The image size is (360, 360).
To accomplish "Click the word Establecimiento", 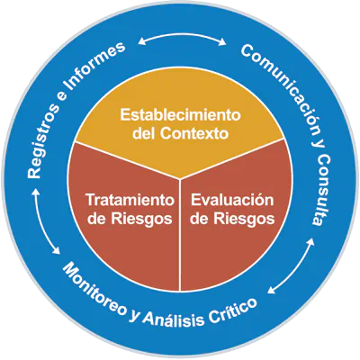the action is [180, 115].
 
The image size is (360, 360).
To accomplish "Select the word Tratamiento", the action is [130, 200].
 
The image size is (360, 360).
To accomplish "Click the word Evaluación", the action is [232, 200].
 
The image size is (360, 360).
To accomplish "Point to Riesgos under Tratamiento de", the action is [142, 219].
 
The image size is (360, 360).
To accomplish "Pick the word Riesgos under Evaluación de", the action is [244, 219].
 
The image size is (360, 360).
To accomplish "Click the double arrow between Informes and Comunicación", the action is [182, 35].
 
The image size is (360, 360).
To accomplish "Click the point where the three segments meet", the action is [180, 180].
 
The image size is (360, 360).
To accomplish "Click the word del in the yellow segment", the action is [143, 133].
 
